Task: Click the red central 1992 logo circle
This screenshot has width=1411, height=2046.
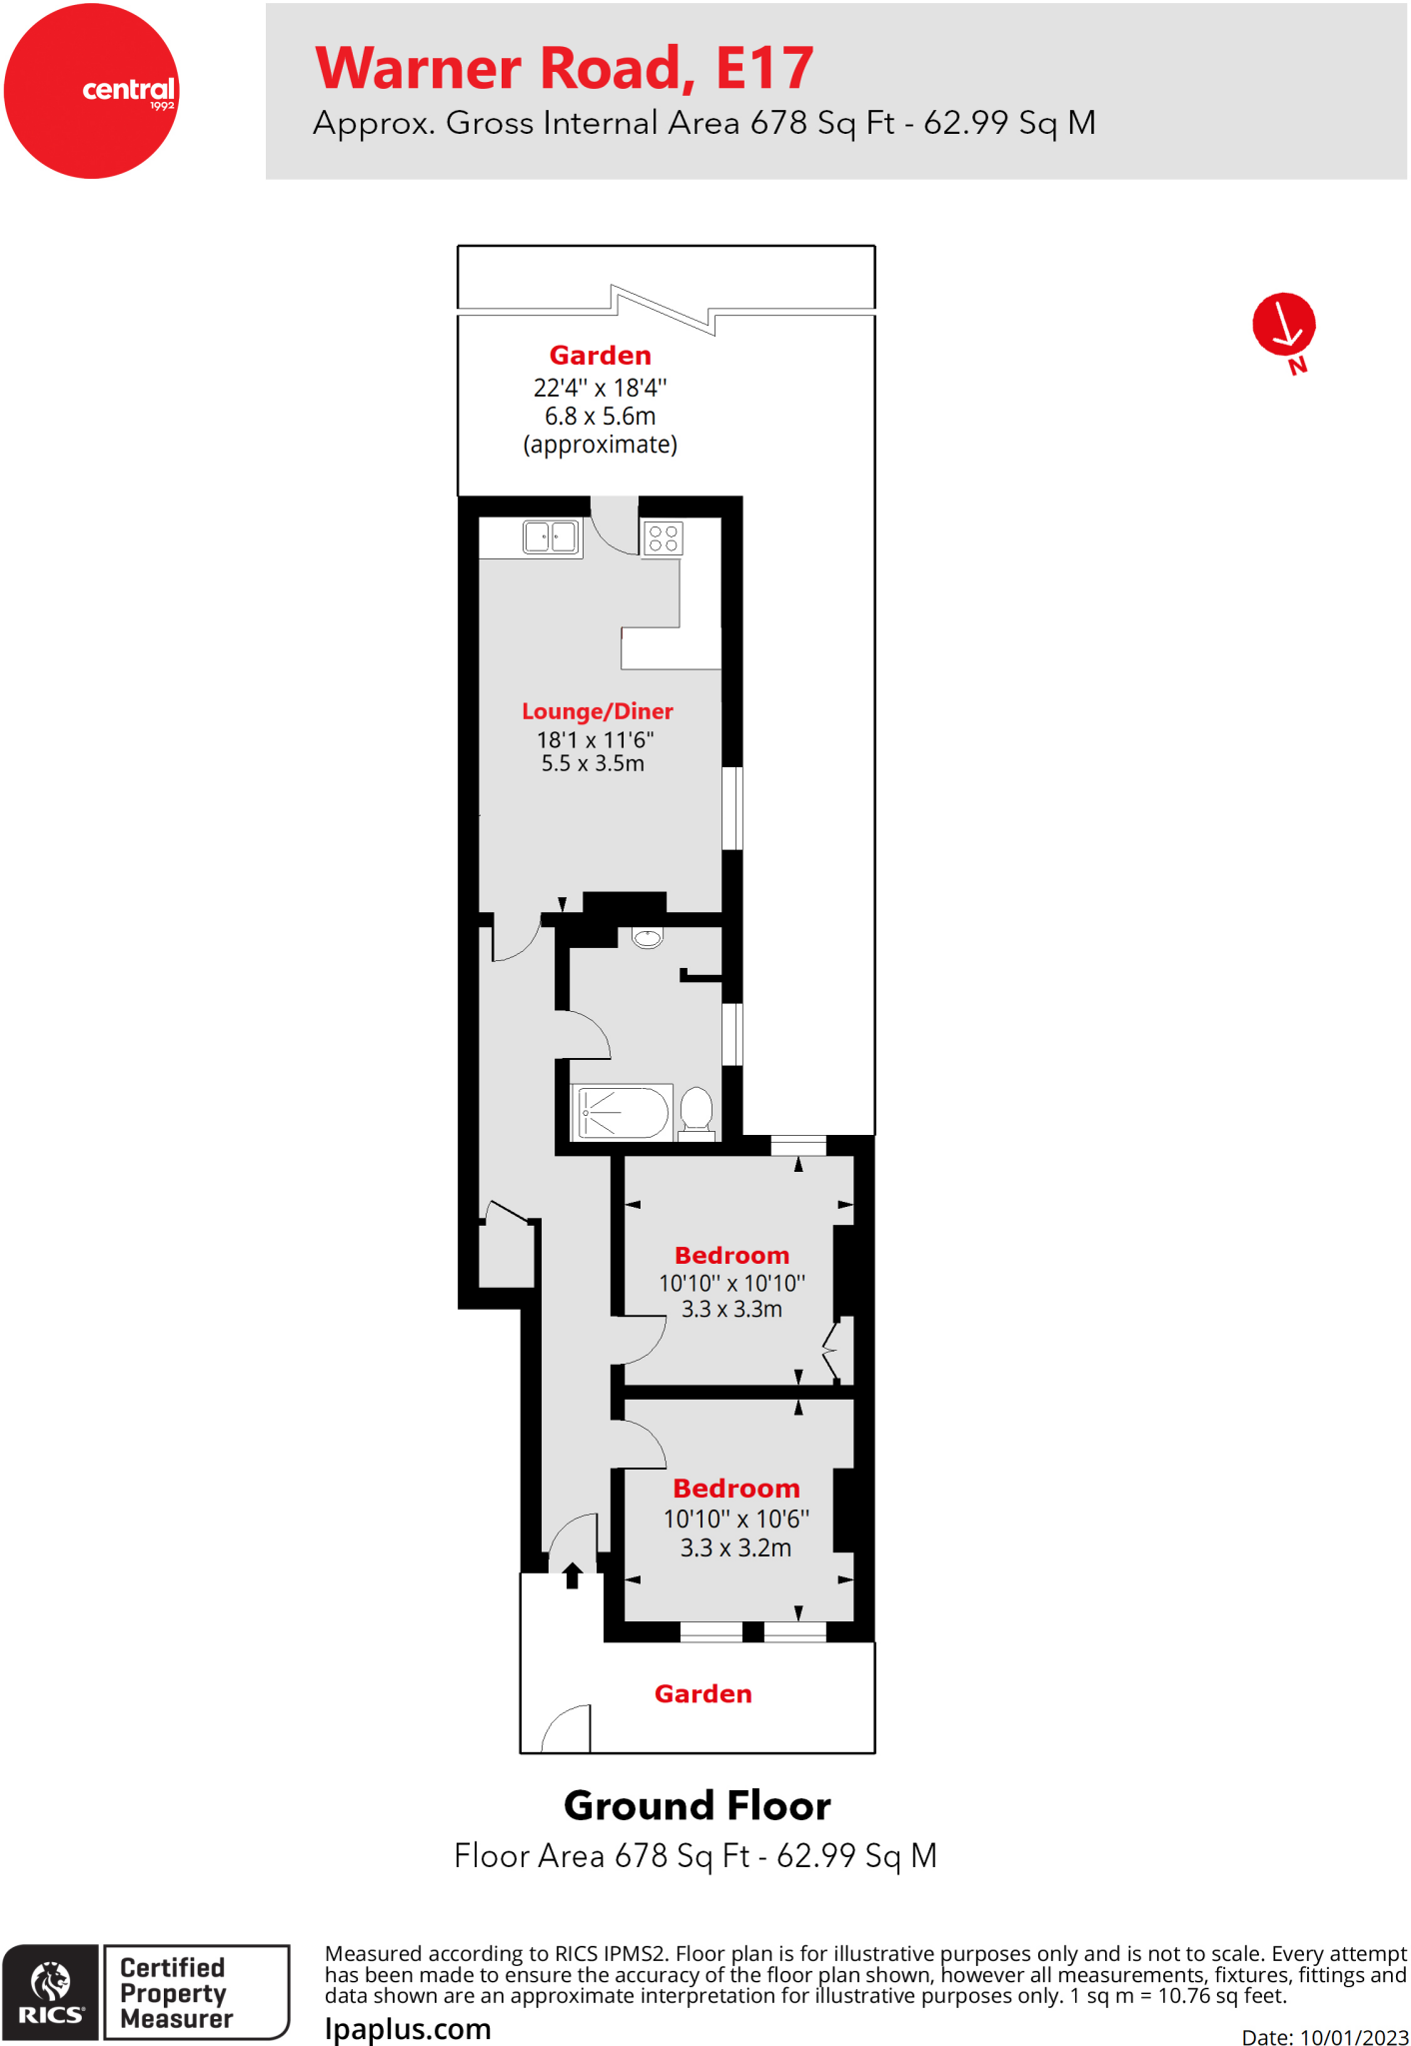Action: point(91,91)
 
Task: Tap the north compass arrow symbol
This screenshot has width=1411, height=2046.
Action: point(1284,325)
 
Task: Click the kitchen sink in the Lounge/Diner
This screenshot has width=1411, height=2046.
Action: point(551,536)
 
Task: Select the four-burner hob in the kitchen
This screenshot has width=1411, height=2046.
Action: point(664,537)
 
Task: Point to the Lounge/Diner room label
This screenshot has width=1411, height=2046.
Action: point(597,711)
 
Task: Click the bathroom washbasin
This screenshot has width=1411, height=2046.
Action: point(648,937)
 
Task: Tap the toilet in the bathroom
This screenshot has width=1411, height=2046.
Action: point(697,1111)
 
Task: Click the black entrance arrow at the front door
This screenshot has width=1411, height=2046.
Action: point(573,1575)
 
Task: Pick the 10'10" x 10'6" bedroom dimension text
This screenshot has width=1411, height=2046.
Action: point(736,1519)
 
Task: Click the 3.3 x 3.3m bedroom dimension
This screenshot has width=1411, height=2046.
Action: point(731,1309)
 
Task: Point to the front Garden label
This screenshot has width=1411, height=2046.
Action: point(704,1693)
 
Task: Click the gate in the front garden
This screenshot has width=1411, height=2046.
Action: point(566,1731)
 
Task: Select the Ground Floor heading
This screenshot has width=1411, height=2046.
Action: point(697,1806)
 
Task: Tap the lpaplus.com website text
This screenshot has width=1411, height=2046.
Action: point(408,2029)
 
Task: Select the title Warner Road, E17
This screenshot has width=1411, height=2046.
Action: point(565,68)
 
